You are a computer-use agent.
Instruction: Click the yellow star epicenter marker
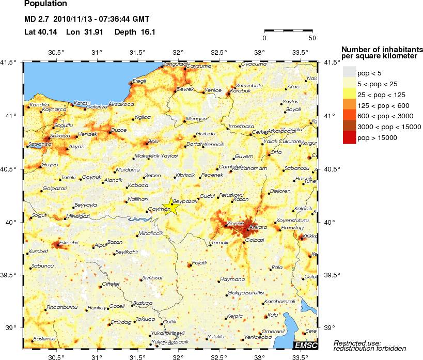[173, 207]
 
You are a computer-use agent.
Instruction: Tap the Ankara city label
[258, 227]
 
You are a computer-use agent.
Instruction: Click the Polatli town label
[199, 263]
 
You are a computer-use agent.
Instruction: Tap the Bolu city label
[153, 140]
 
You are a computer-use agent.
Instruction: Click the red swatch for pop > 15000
[350, 137]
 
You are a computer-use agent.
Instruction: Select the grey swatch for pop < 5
[350, 72]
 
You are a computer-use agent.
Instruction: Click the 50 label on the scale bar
[312, 38]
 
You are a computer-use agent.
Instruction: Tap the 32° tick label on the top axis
[178, 53]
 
